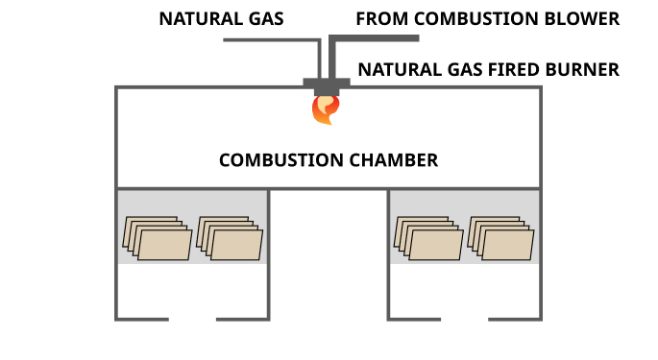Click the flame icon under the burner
[326, 108]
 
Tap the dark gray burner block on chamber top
[327, 84]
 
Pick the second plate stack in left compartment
[230, 237]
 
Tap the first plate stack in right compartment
[426, 237]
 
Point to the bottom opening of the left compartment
[192, 319]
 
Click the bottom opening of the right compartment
[464, 319]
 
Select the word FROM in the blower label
[378, 18]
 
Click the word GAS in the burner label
[457, 69]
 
